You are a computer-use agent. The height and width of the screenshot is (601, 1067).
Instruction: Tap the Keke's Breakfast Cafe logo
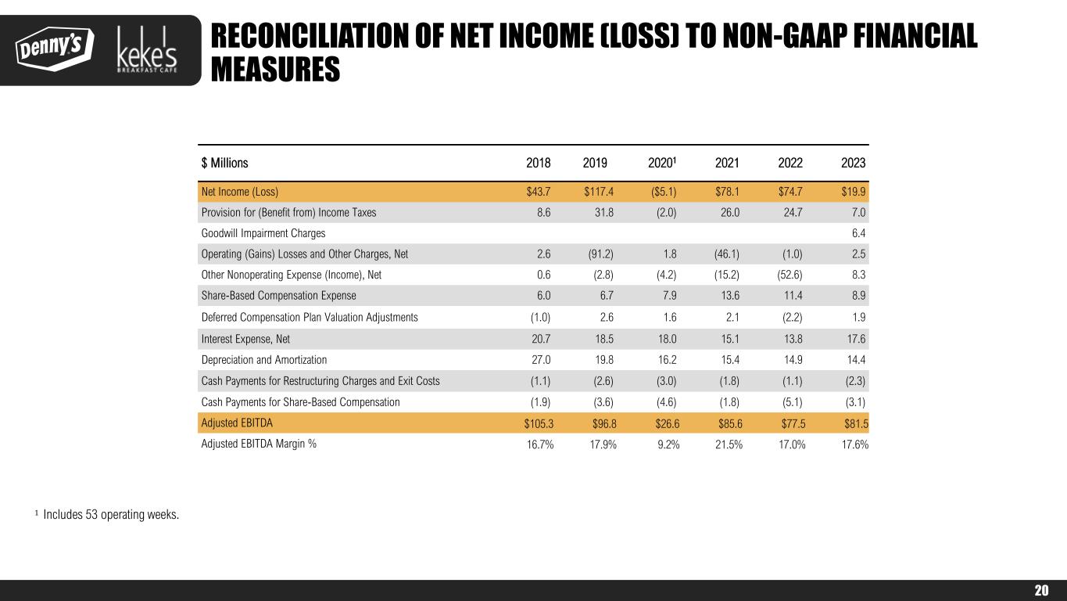click(x=147, y=51)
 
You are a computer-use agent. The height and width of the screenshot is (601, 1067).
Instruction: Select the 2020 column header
click(x=662, y=164)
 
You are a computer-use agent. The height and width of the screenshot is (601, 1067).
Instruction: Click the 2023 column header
click(x=853, y=164)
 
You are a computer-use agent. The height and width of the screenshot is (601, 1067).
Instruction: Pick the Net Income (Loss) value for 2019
click(x=600, y=192)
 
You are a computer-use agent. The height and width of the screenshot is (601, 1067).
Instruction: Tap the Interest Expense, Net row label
click(x=245, y=339)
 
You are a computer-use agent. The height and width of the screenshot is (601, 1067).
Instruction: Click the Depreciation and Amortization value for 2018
click(x=541, y=360)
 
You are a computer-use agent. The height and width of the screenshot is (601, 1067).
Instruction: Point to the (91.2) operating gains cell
click(x=601, y=254)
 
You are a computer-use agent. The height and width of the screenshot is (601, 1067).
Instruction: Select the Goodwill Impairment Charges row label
click(x=263, y=233)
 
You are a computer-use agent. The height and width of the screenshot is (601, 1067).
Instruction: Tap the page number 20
click(x=1041, y=591)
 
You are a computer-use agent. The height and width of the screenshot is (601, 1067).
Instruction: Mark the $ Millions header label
click(x=224, y=164)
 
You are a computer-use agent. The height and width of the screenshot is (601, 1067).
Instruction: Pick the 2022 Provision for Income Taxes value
click(x=792, y=212)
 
